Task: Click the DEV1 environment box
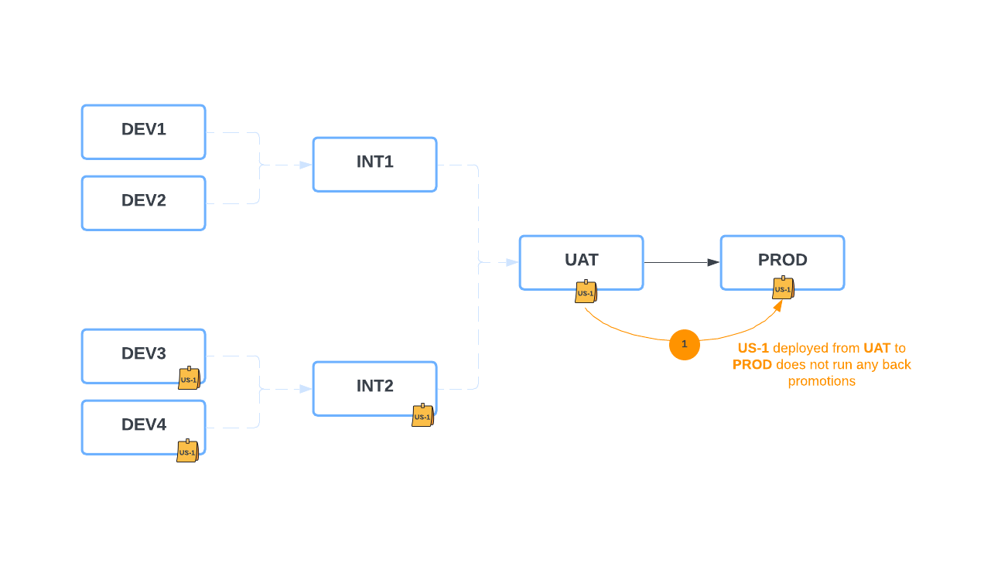pyautogui.click(x=143, y=132)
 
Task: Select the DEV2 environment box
pyautogui.click(x=143, y=203)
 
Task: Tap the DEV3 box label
pyautogui.click(x=143, y=353)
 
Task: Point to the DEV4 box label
pyautogui.click(x=143, y=424)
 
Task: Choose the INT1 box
pyautogui.click(x=374, y=165)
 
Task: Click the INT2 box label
pyautogui.click(x=374, y=386)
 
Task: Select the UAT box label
pyautogui.click(x=581, y=260)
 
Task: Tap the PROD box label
pyautogui.click(x=782, y=260)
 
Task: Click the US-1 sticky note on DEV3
pyautogui.click(x=189, y=379)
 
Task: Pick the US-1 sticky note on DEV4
pyautogui.click(x=187, y=452)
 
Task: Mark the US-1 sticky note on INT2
pyautogui.click(x=422, y=416)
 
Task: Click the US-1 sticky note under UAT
pyautogui.click(x=586, y=292)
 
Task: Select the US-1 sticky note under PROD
pyautogui.click(x=783, y=288)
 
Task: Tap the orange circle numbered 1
pyautogui.click(x=684, y=345)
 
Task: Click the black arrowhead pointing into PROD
pyautogui.click(x=713, y=263)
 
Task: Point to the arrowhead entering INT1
pyautogui.click(x=306, y=165)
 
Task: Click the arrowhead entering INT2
pyautogui.click(x=306, y=389)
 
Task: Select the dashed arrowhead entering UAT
pyautogui.click(x=512, y=263)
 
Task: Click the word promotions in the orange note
pyautogui.click(x=822, y=381)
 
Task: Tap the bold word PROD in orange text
pyautogui.click(x=752, y=364)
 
